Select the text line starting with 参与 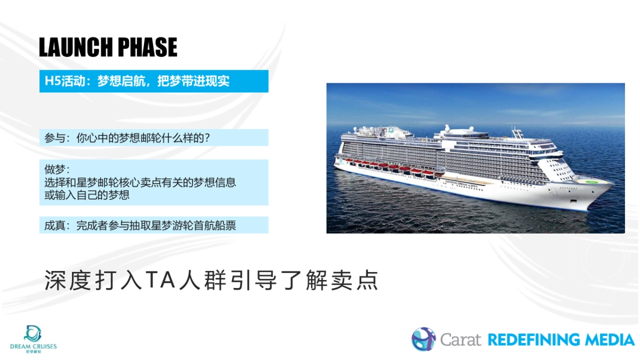coord(127,138)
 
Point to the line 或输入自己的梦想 coord(87,195)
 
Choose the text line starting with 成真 coord(140,225)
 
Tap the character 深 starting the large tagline coord(54,281)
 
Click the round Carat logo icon coord(423,339)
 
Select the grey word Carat coord(460,340)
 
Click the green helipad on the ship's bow coord(590,180)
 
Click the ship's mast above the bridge coord(515,132)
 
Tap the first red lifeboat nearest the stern coord(349,161)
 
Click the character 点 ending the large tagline coord(369,281)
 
